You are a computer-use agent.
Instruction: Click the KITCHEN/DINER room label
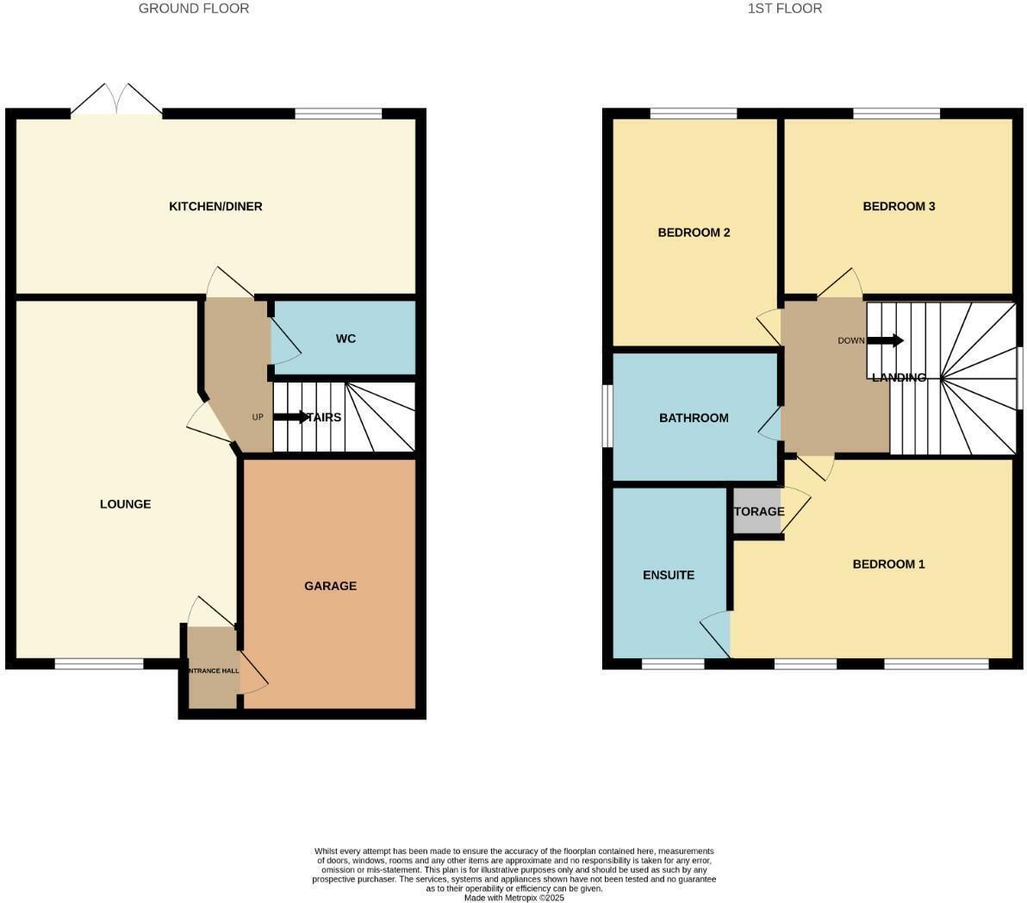(x=215, y=207)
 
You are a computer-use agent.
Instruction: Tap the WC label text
(x=345, y=339)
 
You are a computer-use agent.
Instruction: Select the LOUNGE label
(x=125, y=504)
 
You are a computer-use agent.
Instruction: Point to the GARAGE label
(x=330, y=586)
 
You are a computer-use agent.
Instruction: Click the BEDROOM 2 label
(x=694, y=233)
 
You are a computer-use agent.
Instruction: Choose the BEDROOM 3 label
(x=899, y=207)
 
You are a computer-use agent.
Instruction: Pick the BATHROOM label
(x=694, y=418)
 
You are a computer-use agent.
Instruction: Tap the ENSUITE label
(x=669, y=575)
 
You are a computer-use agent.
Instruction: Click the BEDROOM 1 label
(x=888, y=564)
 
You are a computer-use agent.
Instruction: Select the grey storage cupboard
(x=756, y=512)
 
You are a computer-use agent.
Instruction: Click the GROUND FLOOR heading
(x=194, y=9)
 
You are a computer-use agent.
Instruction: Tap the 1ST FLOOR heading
(x=784, y=9)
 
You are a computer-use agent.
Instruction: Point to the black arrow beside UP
(x=290, y=417)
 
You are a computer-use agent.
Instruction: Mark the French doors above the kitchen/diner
(x=116, y=101)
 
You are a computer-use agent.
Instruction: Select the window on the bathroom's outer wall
(x=607, y=416)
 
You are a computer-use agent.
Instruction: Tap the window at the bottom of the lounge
(x=99, y=663)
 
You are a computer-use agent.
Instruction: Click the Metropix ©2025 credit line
(x=513, y=897)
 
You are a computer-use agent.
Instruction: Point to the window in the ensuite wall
(x=673, y=663)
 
